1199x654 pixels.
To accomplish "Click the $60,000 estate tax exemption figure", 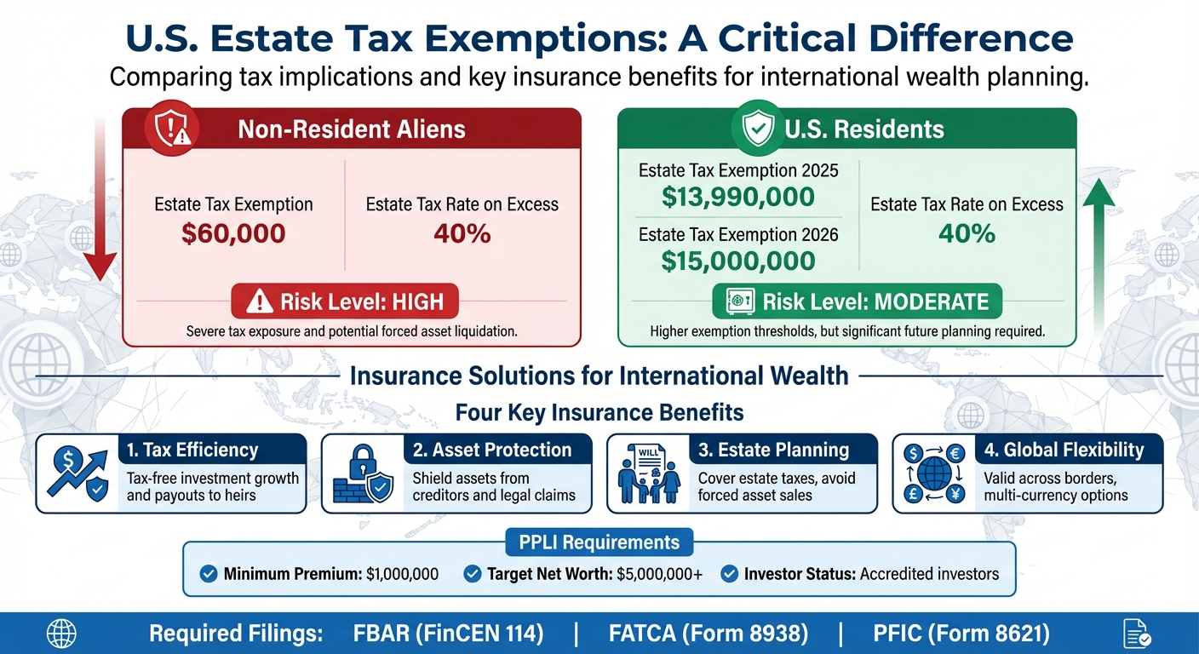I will (x=232, y=233).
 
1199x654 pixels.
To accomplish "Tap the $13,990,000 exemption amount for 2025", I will (x=738, y=198).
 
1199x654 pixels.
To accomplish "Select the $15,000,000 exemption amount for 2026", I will (x=738, y=261).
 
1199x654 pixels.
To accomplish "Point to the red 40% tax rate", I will (x=462, y=233).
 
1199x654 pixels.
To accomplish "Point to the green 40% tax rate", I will (x=966, y=233).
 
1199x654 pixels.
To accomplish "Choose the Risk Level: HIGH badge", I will (x=344, y=301).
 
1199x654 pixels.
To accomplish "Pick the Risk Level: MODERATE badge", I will (x=858, y=301).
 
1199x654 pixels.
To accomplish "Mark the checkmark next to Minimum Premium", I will (x=208, y=574).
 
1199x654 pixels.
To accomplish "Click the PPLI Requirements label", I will (x=599, y=542).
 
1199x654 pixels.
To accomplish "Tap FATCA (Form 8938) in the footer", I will (x=708, y=634).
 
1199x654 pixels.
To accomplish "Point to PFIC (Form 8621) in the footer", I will (x=961, y=634).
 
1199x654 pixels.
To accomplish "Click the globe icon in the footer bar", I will (x=61, y=634).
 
